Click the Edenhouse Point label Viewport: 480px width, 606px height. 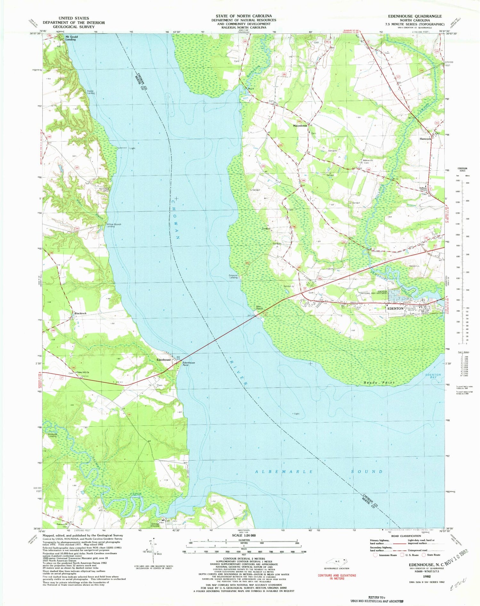[188, 364]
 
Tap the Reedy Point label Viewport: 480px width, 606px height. [379, 382]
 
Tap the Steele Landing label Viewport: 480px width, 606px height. [91, 92]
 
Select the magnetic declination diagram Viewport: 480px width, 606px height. [153, 551]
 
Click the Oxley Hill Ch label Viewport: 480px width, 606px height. [83, 373]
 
